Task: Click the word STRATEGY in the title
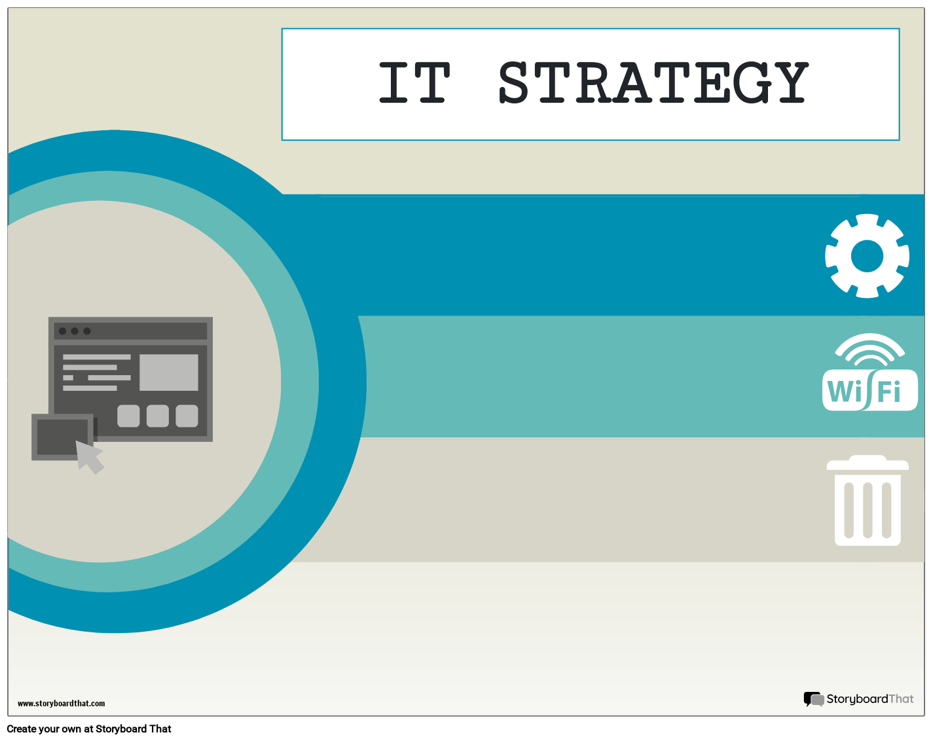(x=653, y=83)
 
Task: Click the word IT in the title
(x=414, y=83)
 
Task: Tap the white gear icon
(x=867, y=256)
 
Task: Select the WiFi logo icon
(x=869, y=373)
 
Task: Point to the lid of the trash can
(x=868, y=463)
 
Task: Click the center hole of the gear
(x=867, y=256)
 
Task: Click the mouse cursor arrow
(x=89, y=456)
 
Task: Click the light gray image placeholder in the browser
(x=169, y=372)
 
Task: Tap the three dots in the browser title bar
(x=75, y=331)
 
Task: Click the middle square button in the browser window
(x=158, y=416)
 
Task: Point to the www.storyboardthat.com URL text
(x=61, y=704)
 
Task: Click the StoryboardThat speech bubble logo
(x=813, y=699)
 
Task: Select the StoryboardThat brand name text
(x=869, y=699)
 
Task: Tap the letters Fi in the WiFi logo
(x=889, y=392)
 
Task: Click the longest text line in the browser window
(x=96, y=357)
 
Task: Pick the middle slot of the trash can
(x=868, y=510)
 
